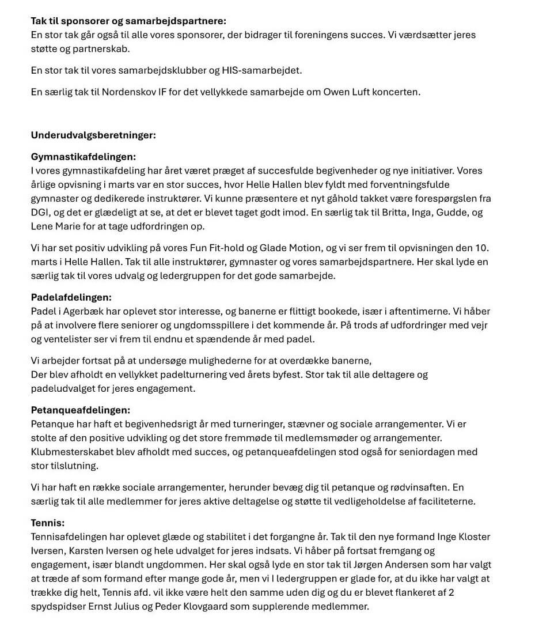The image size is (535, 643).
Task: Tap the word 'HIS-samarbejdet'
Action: point(266,71)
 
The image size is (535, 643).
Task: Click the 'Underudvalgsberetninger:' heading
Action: point(93,136)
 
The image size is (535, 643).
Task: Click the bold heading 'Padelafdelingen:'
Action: point(71,298)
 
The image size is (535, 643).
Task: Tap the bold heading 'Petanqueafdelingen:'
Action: point(81,410)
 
